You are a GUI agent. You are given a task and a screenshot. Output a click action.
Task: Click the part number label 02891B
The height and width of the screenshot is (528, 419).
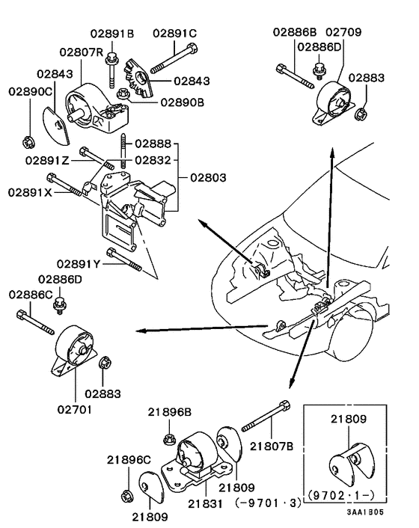click(112, 34)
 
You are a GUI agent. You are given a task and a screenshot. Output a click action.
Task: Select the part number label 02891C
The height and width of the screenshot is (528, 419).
click(174, 34)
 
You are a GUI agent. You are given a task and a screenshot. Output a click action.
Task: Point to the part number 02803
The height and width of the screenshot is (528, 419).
click(207, 179)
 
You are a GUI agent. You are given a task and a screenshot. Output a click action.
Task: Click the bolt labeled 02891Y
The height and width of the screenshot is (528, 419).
click(123, 257)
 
